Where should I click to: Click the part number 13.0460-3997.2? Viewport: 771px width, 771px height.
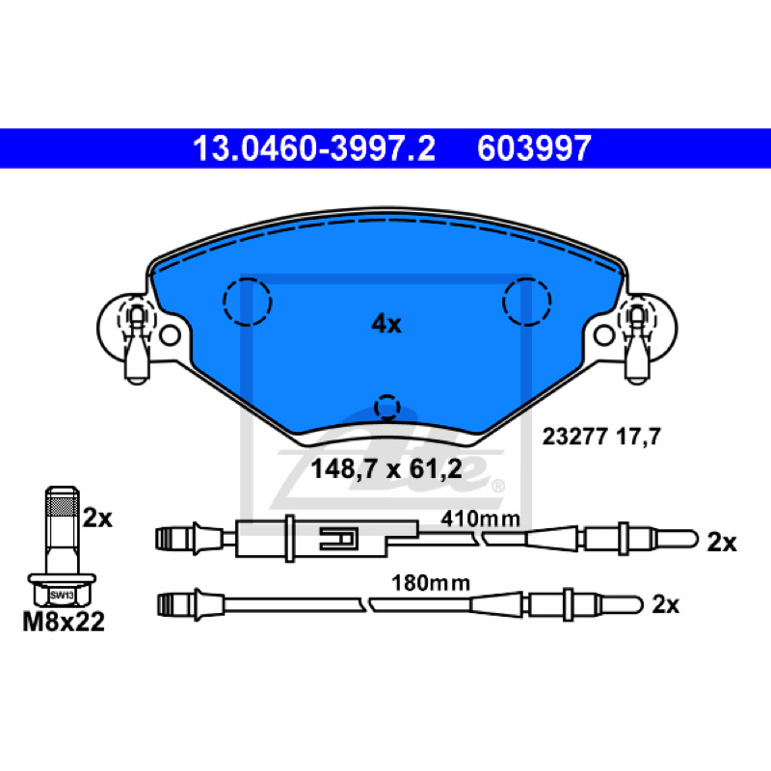[314, 148]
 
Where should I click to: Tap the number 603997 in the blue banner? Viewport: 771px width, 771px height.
[534, 148]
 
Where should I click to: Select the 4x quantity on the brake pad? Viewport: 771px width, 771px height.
[386, 325]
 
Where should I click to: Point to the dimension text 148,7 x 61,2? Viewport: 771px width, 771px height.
[386, 469]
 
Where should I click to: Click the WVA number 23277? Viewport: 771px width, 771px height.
[574, 437]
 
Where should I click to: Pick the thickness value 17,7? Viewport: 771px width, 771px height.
[638, 437]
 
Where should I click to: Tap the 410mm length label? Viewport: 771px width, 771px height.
[480, 518]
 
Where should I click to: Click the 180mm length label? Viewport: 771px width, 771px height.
[431, 583]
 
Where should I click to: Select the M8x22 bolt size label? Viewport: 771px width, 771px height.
[64, 622]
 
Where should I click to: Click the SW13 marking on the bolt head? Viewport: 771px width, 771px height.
[62, 596]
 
